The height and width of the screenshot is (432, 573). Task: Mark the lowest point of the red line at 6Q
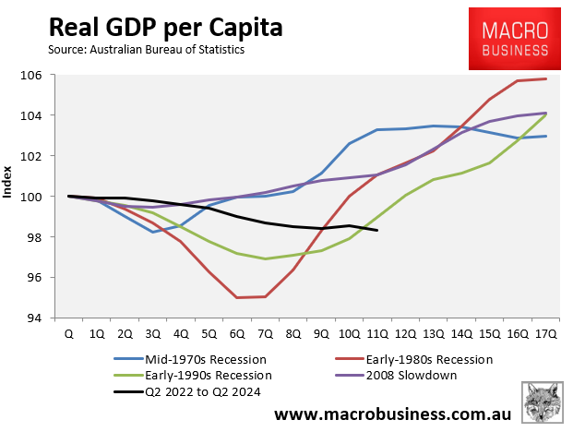tap(237, 297)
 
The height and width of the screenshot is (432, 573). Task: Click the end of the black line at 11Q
tap(377, 231)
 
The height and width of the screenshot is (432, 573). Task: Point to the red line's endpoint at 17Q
tap(545, 78)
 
